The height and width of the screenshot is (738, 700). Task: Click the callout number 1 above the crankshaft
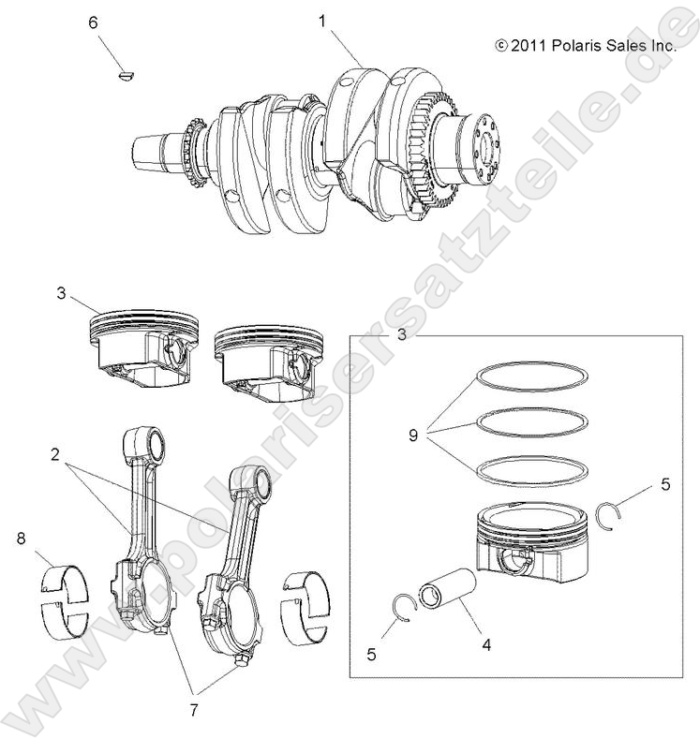pyautogui.click(x=323, y=19)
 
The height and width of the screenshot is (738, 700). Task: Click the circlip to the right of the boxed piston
pyautogui.click(x=612, y=516)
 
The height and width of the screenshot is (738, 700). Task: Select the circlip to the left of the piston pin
pyautogui.click(x=402, y=609)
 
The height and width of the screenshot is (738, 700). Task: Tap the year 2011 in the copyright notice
pyautogui.click(x=528, y=44)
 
